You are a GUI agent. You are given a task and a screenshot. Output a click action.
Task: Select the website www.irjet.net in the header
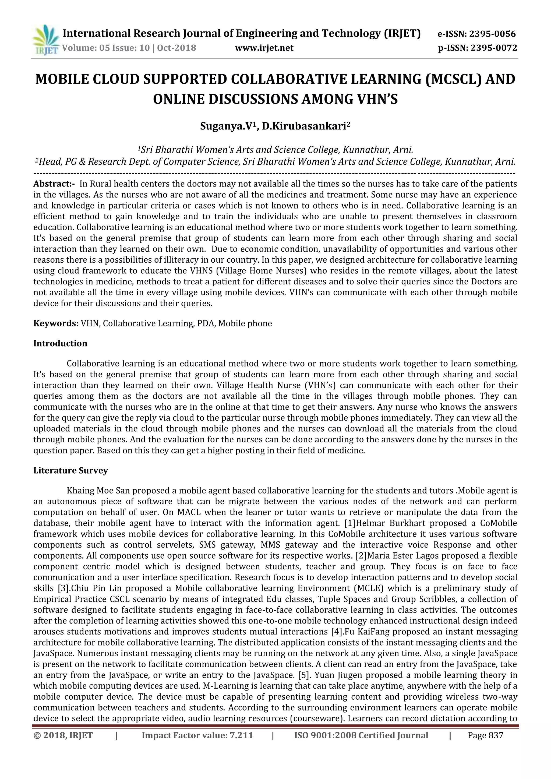click(x=264, y=48)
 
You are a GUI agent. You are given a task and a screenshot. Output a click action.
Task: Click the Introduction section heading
click(x=60, y=344)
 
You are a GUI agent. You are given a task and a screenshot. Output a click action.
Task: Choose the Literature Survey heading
click(x=70, y=471)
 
